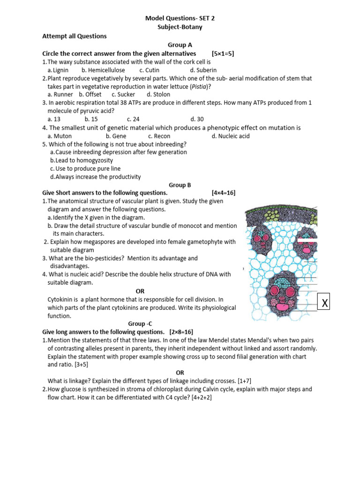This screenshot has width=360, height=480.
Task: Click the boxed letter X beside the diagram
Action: tap(324, 302)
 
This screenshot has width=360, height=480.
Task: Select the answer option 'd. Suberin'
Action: tap(202, 70)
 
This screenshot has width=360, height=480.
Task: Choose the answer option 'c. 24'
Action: tap(133, 119)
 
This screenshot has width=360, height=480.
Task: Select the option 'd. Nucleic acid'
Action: tap(231, 136)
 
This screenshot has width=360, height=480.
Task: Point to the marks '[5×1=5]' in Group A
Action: tap(223, 53)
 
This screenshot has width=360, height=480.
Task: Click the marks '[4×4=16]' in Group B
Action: tap(223, 193)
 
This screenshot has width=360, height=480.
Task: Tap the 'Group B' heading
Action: tap(180, 185)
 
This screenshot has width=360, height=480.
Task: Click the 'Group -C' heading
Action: tap(140, 323)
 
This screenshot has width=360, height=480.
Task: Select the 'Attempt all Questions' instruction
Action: tap(75, 36)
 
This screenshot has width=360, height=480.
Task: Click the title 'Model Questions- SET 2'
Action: tap(180, 18)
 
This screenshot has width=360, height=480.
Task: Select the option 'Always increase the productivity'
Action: tap(96, 177)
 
